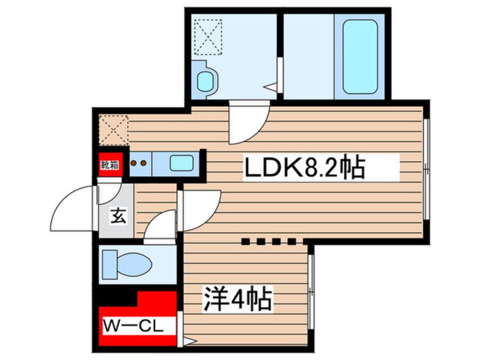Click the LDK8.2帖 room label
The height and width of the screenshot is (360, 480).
point(304,168)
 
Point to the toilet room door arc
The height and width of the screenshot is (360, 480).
point(160,225)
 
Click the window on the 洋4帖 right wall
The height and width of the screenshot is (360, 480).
point(311,292)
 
